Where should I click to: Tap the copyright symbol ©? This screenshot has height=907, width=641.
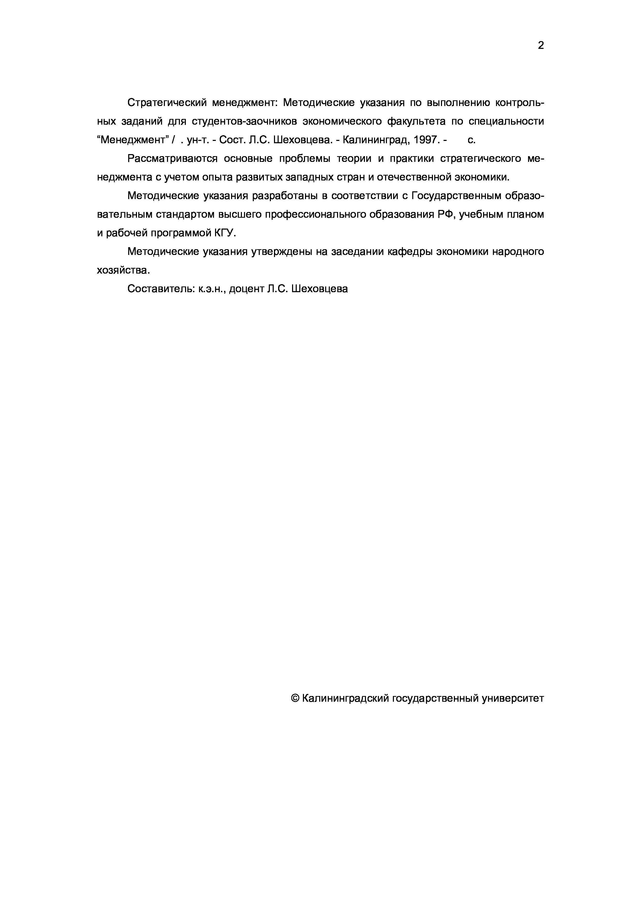[x=295, y=698]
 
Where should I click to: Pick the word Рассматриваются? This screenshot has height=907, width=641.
[x=173, y=159]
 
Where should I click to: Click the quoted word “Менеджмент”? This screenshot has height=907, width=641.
[x=133, y=140]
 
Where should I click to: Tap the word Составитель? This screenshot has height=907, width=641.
[x=160, y=289]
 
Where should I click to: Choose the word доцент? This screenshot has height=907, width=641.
[x=246, y=289]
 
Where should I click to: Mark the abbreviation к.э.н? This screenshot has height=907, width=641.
[x=212, y=289]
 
